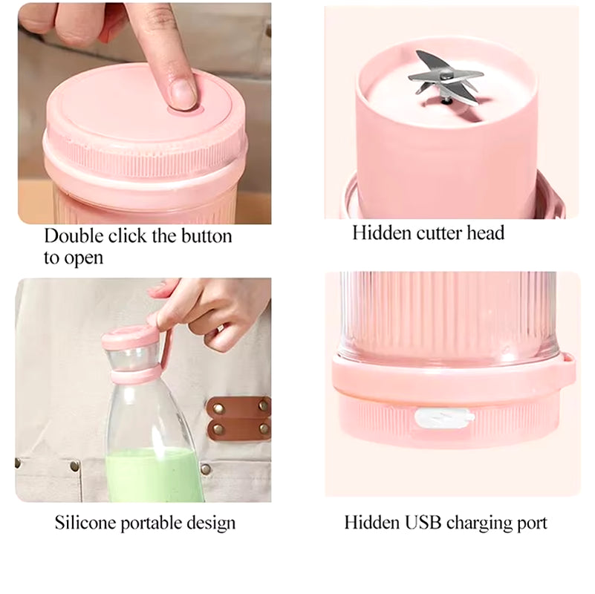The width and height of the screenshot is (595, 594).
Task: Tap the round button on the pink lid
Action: pos(185,107)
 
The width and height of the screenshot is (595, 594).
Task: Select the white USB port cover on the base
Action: pos(443,418)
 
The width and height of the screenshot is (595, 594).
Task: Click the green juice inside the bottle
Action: pos(153,475)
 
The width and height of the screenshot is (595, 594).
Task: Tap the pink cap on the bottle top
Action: pos(130,338)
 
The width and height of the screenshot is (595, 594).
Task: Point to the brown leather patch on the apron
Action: pos(238,418)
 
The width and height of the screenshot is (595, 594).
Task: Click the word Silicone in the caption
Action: pos(84,523)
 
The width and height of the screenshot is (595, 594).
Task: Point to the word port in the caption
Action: pos(533,523)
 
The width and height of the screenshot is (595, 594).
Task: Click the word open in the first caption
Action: pos(84,259)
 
